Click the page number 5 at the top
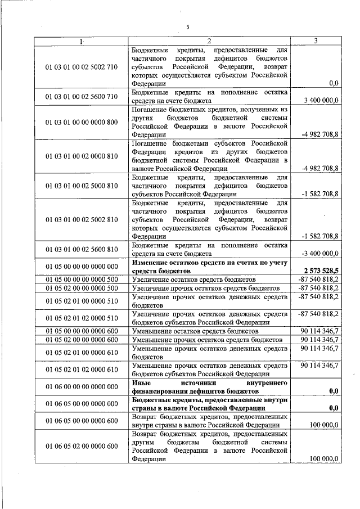[x=188, y=26]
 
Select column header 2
[x=209, y=41]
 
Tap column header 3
[x=316, y=41]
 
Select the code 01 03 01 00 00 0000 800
[x=82, y=121]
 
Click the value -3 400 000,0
[x=319, y=253]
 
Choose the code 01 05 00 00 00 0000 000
[x=82, y=266]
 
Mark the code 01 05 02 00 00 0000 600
[x=82, y=340]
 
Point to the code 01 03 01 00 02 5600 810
[x=82, y=249]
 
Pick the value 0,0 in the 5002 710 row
[x=333, y=83]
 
